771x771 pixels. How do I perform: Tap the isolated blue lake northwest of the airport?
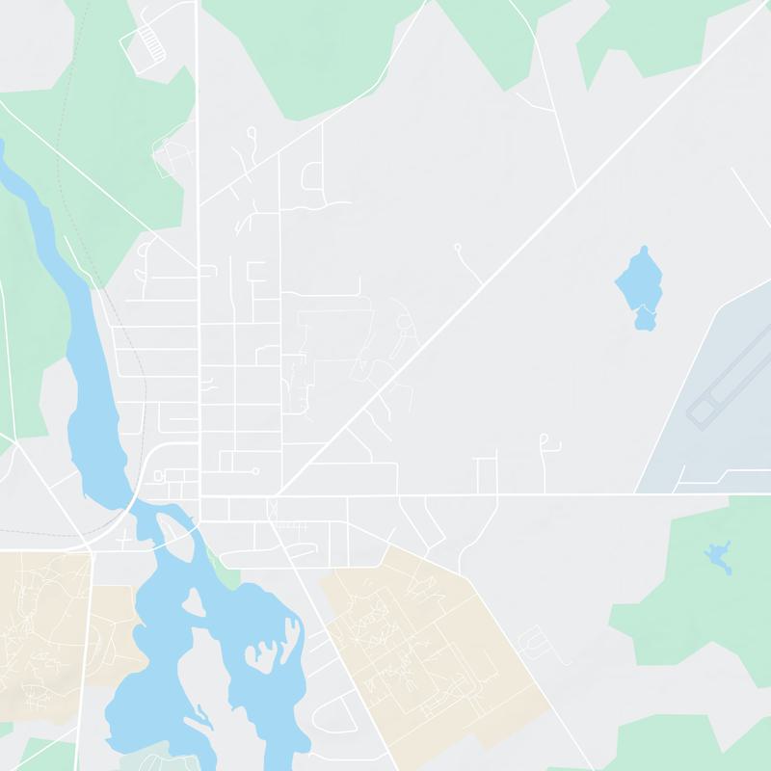640,285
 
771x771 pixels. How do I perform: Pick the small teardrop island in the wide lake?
192,602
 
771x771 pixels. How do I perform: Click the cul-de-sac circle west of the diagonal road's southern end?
254,471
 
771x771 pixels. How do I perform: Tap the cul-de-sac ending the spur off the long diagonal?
458,247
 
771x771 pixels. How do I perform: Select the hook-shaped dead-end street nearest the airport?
546,441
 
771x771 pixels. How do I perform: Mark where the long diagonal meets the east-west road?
279,495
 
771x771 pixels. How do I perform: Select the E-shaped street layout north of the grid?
257,272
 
